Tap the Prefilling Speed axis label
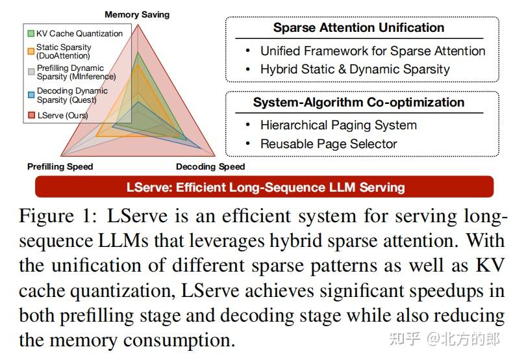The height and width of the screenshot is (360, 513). click(60, 166)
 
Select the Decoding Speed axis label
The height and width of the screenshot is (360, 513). click(210, 166)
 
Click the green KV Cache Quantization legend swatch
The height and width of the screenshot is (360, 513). click(31, 33)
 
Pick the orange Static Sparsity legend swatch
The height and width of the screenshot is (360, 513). click(31, 51)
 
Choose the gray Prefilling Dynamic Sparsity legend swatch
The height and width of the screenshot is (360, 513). click(31, 71)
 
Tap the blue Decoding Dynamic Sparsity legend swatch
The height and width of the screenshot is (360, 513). click(31, 94)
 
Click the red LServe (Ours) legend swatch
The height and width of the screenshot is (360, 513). click(31, 116)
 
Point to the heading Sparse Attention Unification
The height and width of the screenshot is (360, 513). click(358, 27)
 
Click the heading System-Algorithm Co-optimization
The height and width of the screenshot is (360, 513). click(358, 102)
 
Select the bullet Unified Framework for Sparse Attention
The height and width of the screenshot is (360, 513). click(373, 51)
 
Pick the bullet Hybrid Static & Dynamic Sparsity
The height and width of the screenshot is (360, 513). click(355, 69)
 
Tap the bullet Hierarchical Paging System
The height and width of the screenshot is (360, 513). click(338, 125)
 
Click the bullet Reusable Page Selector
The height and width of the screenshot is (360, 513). click(329, 144)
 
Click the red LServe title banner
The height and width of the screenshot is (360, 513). click(265, 187)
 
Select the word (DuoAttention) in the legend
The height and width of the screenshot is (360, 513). click(64, 56)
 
